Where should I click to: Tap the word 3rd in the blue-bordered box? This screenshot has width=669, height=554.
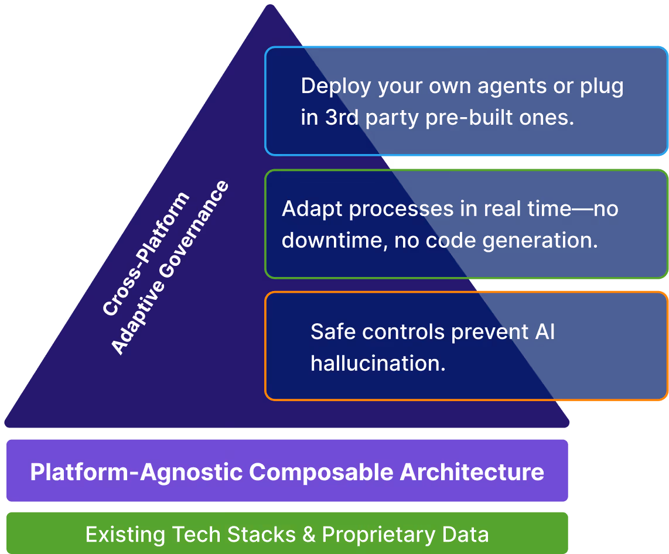pyautogui.click(x=337, y=118)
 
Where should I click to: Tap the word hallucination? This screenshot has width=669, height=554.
pyautogui.click(x=378, y=363)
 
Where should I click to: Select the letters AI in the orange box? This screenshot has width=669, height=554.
pyautogui.click(x=544, y=331)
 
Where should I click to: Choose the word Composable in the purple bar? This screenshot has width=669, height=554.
pyautogui.click(x=321, y=471)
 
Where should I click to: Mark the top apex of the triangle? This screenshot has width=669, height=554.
pyautogui.click(x=270, y=6)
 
